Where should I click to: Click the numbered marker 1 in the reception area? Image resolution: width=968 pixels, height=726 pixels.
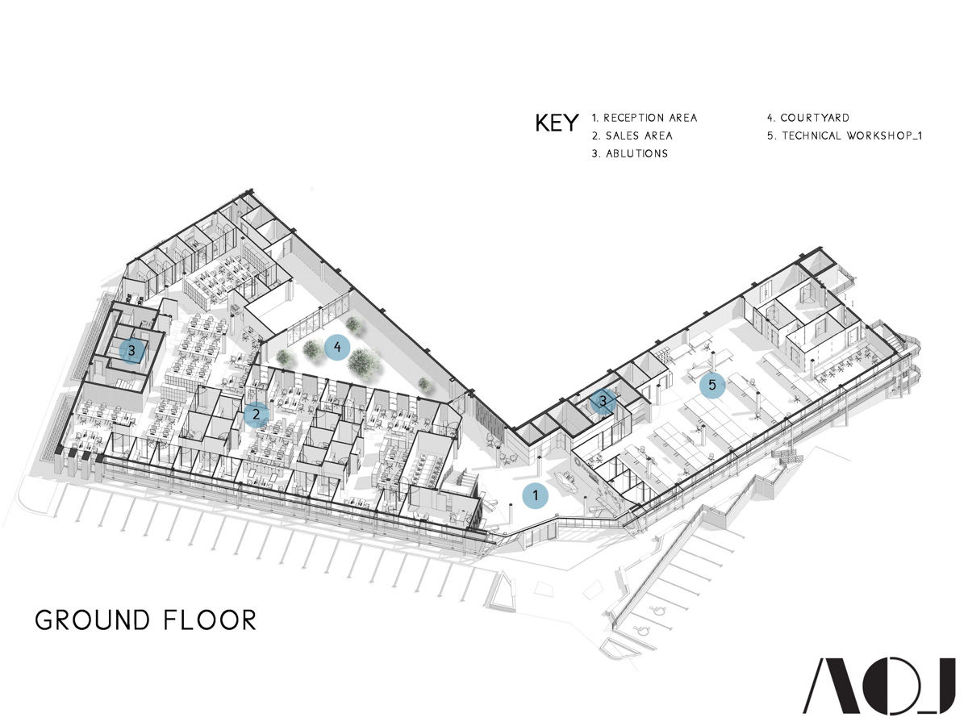coord(535,496)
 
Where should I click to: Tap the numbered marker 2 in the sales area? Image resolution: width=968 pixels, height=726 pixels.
coord(257,415)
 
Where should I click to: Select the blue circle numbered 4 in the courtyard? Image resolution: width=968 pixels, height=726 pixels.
coord(337,348)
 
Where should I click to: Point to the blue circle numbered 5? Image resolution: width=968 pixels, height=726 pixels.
coord(712,385)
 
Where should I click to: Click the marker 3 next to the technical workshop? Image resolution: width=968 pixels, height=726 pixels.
coord(603,401)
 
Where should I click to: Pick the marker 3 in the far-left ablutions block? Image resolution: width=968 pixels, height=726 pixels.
coord(131,352)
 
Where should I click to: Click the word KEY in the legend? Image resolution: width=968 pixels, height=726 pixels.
coord(557,123)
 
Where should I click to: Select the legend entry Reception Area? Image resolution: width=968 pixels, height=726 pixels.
coord(645,118)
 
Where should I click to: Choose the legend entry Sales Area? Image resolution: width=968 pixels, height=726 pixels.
coord(632,136)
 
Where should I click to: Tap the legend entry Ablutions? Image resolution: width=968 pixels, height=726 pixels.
coord(630,153)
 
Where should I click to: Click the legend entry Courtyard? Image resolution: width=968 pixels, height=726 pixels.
coord(808,118)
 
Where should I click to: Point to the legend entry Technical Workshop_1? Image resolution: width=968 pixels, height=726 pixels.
coord(844,136)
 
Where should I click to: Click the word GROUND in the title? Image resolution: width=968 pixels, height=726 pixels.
coord(93,620)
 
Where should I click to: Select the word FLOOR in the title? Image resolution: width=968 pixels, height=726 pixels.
coord(210,620)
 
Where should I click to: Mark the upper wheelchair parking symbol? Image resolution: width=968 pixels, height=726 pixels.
coord(659,611)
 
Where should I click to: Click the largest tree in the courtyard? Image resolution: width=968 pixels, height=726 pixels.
coord(364,364)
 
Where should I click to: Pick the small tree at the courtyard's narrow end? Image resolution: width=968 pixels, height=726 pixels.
coord(426,385)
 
